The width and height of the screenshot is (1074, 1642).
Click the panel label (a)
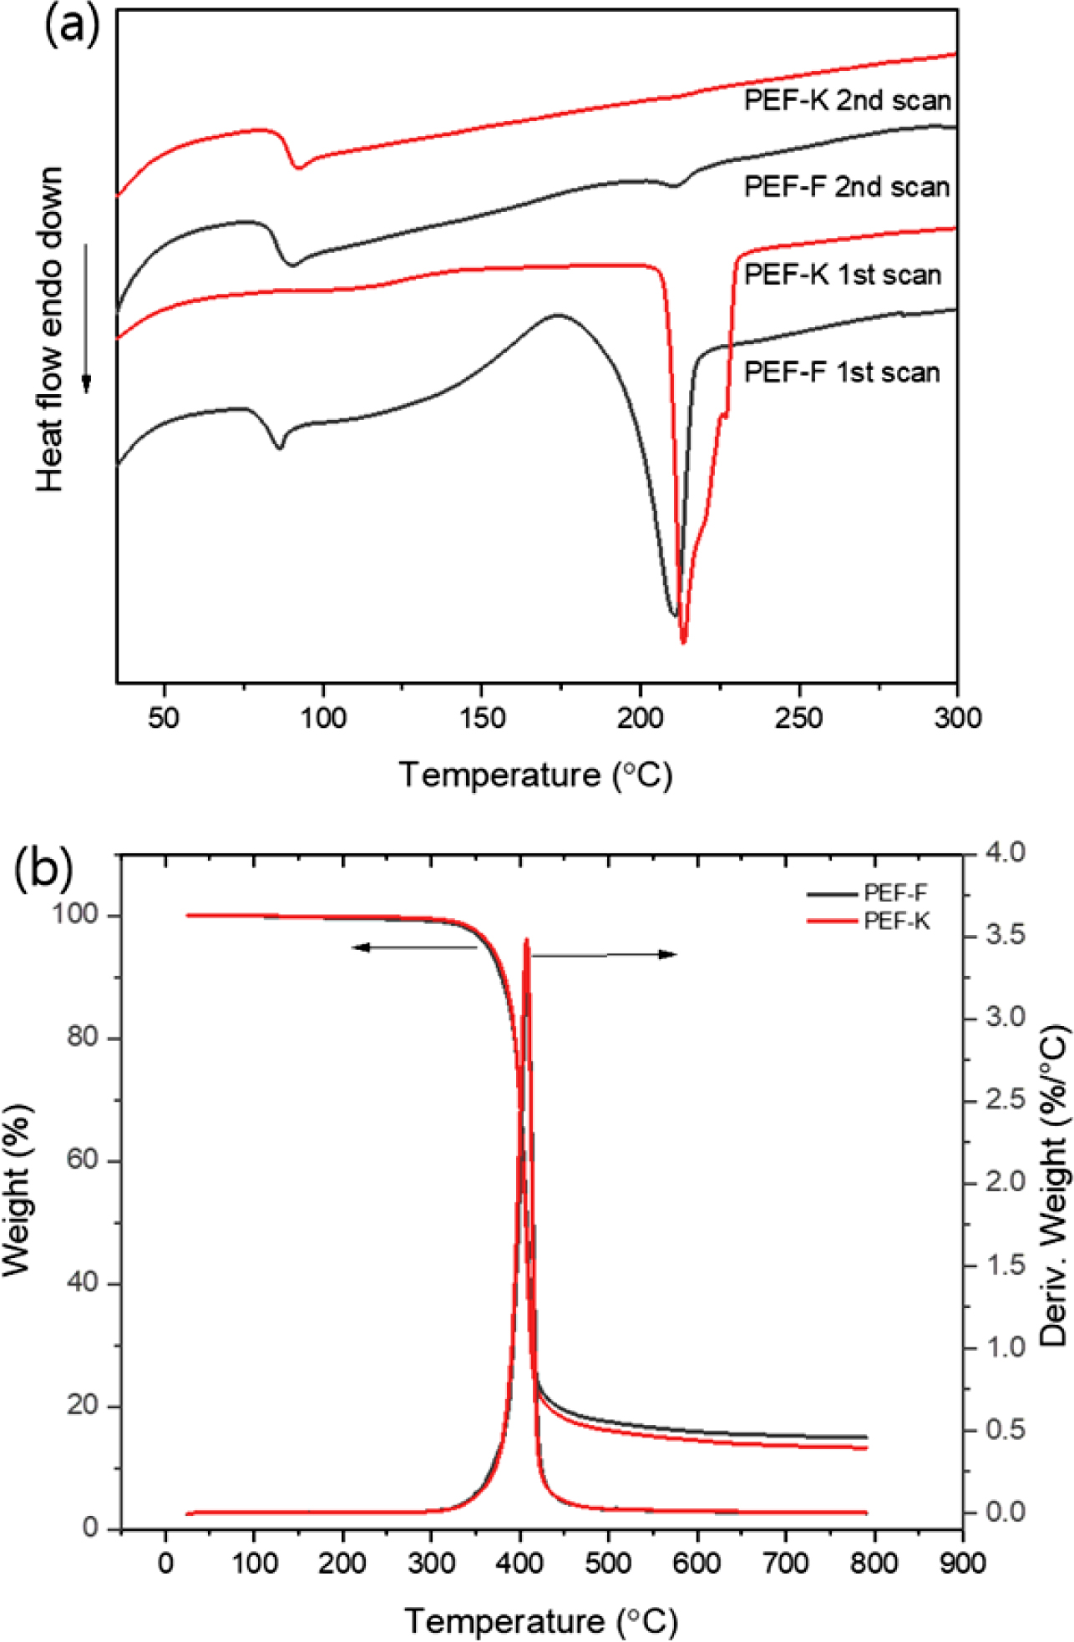coord(70,25)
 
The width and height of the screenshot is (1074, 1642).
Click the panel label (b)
coord(43,868)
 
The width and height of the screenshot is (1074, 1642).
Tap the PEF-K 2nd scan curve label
coord(847,101)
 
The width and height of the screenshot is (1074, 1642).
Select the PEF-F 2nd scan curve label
coord(847,186)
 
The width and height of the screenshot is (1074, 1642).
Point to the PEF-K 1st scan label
coord(843,275)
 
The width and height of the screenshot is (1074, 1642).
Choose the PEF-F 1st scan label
coord(842,371)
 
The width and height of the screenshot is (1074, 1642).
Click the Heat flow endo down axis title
coord(50,329)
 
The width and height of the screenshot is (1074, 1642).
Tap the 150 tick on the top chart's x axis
coord(482,718)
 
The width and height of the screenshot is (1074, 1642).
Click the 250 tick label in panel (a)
coord(798,718)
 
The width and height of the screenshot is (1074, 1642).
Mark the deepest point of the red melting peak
coord(683,641)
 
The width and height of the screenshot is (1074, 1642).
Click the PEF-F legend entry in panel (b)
coord(894,893)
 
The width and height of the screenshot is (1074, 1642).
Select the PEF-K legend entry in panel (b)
coord(896,921)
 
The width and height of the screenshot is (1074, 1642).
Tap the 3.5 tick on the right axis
coord(1006,935)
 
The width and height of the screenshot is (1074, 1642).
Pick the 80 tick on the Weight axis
coord(82,1037)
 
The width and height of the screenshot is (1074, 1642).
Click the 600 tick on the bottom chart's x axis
coord(697,1562)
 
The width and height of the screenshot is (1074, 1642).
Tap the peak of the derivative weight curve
coord(526,941)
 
